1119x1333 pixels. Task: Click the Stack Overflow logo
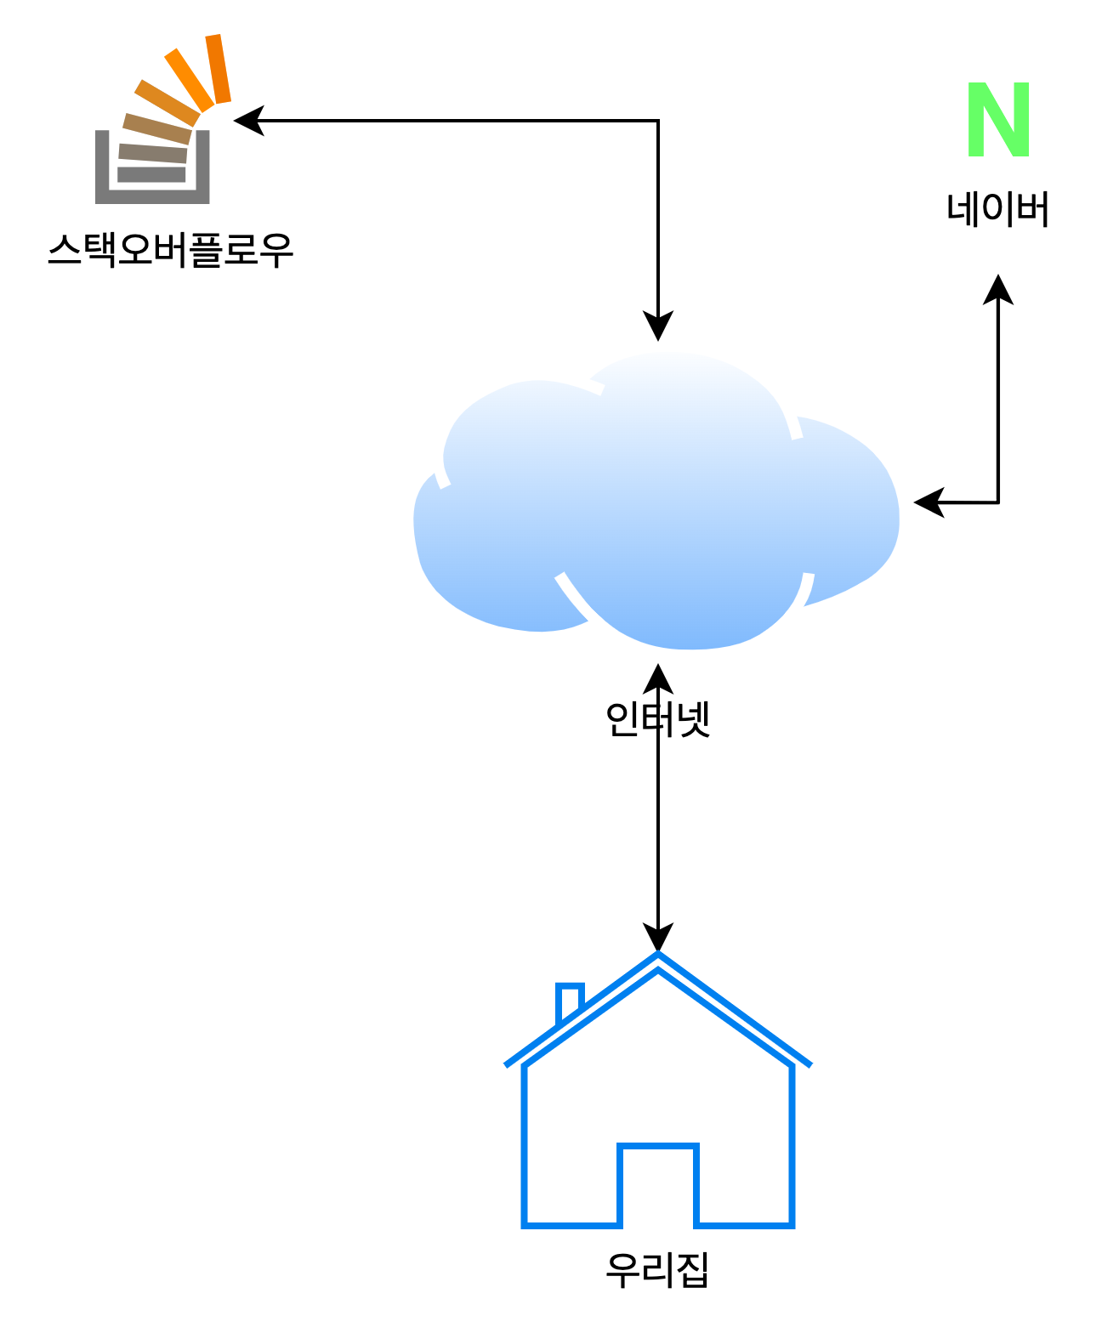click(157, 123)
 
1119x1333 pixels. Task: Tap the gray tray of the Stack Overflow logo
click(152, 196)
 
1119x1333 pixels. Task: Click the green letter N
click(999, 120)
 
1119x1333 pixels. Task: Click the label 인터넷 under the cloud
click(657, 721)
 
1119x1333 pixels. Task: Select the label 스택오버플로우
click(167, 252)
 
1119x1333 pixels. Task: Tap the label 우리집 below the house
click(657, 1272)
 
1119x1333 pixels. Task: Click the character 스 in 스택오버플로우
click(64, 252)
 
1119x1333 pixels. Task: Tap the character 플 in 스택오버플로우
click(203, 252)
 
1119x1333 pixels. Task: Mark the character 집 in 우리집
click(692, 1272)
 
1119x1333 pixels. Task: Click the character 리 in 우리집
click(657, 1272)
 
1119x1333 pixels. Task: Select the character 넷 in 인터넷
click(692, 721)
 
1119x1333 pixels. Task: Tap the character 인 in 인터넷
click(622, 721)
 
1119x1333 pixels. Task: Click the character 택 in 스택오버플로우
click(99, 252)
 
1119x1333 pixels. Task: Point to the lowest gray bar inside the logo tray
click(152, 174)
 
